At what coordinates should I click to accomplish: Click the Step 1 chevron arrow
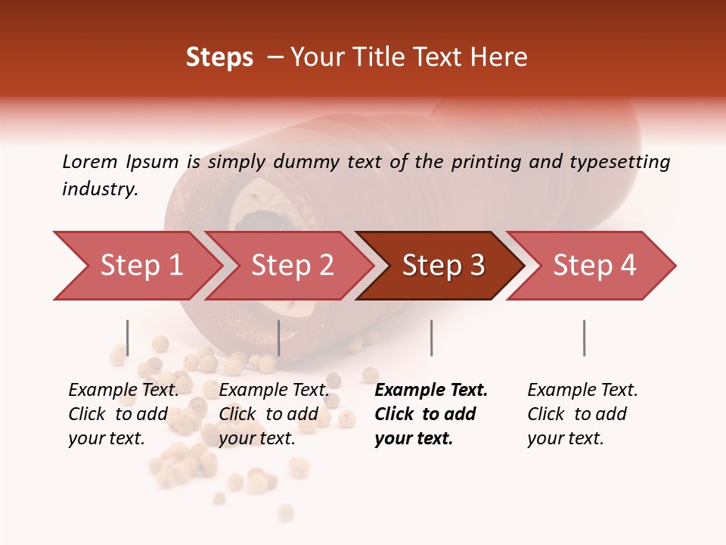pyautogui.click(x=136, y=266)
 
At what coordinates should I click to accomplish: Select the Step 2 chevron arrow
pyautogui.click(x=291, y=266)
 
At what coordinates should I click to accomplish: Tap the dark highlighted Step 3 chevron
pyautogui.click(x=442, y=266)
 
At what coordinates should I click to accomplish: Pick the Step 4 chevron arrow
pyautogui.click(x=594, y=266)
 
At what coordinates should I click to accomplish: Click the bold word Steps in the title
pyautogui.click(x=219, y=58)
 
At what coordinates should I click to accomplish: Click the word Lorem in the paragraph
pyautogui.click(x=89, y=161)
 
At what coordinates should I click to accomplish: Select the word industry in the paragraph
pyautogui.click(x=100, y=189)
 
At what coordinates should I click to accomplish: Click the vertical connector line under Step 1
pyautogui.click(x=127, y=338)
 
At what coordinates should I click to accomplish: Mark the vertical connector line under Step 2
pyautogui.click(x=279, y=338)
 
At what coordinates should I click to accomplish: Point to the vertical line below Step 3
pyautogui.click(x=431, y=338)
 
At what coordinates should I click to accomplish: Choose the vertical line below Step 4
pyautogui.click(x=584, y=338)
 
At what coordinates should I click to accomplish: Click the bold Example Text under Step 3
pyautogui.click(x=431, y=391)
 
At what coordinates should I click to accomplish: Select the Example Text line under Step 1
pyautogui.click(x=123, y=391)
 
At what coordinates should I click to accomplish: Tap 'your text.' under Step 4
pyautogui.click(x=565, y=438)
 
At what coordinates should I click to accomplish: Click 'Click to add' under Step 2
pyautogui.click(x=268, y=414)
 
